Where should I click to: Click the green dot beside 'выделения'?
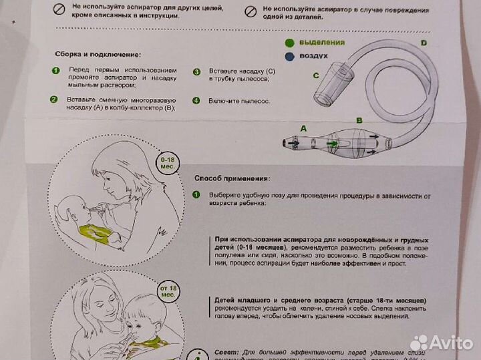[x=289, y=43]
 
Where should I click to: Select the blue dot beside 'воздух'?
[x=289, y=57]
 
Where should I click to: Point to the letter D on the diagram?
[x=424, y=43]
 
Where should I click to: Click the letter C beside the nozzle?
[x=316, y=75]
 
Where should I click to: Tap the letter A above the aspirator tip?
[x=303, y=127]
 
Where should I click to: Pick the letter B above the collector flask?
[x=359, y=121]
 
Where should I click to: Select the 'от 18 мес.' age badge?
[x=168, y=291]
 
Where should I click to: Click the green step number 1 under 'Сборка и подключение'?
[x=55, y=71]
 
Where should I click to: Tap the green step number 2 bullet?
[x=53, y=100]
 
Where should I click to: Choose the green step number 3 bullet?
[x=196, y=71]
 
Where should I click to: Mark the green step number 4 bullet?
[x=196, y=101]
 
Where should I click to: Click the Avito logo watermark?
[x=441, y=343]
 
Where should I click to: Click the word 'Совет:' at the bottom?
[x=229, y=352]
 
